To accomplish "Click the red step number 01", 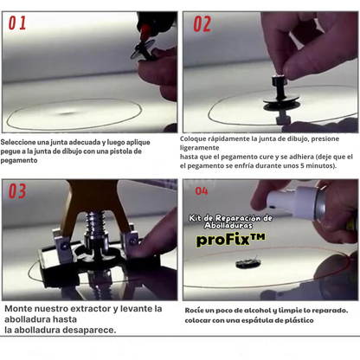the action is pyautogui.click(x=17, y=23).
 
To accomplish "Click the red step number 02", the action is pyautogui.click(x=202, y=24).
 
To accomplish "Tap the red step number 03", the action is pyautogui.click(x=17, y=191).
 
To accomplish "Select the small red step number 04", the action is pyautogui.click(x=202, y=191).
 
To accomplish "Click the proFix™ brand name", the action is pyautogui.click(x=230, y=240).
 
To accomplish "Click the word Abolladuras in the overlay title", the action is pyautogui.click(x=228, y=225).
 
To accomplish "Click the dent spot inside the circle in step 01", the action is pyautogui.click(x=67, y=112).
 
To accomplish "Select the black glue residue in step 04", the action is pyautogui.click(x=248, y=263).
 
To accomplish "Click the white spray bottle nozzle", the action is pyautogui.click(x=284, y=200).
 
